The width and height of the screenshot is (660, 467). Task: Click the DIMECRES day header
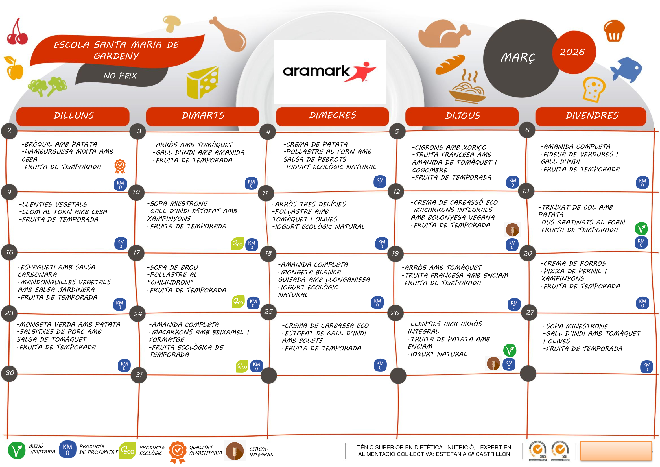(x=332, y=115)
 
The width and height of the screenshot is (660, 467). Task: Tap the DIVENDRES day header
(x=592, y=115)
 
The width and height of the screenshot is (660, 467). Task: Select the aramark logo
(x=329, y=72)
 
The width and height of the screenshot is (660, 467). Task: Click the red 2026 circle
(x=573, y=52)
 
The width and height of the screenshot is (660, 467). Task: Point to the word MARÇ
(x=517, y=58)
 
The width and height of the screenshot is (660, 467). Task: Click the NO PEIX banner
(x=120, y=76)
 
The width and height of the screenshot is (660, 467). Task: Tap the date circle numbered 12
(x=396, y=192)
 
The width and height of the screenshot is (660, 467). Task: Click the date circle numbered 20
(x=528, y=253)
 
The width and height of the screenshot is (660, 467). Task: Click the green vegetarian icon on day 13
(x=641, y=229)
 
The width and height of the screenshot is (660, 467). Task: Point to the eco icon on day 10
(x=237, y=244)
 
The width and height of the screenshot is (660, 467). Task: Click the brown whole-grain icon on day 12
(x=512, y=230)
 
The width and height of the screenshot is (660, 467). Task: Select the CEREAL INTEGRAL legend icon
(x=235, y=451)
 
